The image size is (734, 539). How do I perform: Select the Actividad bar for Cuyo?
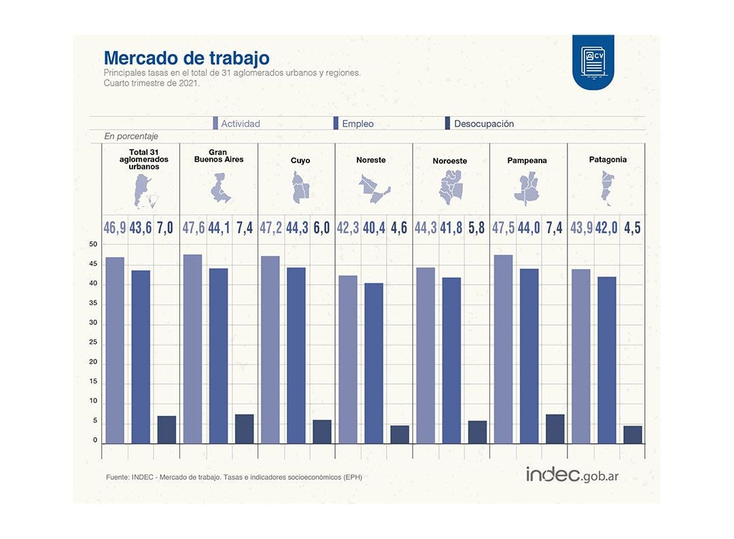270,350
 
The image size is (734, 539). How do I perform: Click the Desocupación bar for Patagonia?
633,434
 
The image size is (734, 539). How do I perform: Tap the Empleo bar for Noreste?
374,363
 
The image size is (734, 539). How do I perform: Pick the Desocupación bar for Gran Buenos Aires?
245,429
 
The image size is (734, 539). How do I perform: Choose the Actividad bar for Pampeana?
504,349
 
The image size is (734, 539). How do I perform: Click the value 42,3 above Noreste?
348,228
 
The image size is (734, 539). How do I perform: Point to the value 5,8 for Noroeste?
477,228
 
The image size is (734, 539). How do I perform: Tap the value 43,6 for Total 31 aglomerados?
141,228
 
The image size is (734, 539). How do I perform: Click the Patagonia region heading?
608,160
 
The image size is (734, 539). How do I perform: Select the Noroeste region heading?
450,161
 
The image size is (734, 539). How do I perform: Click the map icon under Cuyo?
300,188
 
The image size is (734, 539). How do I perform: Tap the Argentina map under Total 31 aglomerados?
145,191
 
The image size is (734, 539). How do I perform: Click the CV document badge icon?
593,61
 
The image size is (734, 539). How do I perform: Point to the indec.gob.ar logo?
572,474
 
